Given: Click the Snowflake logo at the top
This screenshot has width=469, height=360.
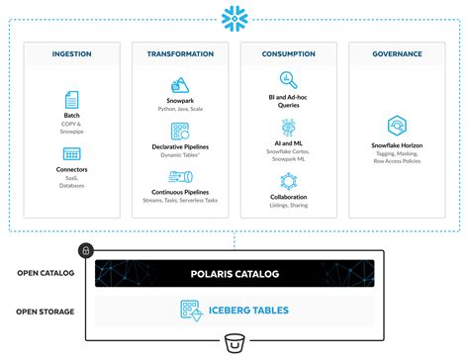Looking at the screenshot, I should [x=234, y=18].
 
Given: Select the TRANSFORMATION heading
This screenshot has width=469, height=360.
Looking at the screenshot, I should [x=180, y=55].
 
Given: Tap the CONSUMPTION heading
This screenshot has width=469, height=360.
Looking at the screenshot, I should [x=289, y=55].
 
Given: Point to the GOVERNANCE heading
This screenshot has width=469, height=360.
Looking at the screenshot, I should [x=397, y=55].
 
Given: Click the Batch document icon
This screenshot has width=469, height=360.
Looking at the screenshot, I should [x=71, y=99].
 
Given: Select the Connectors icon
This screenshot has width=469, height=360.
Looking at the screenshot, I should [x=71, y=154].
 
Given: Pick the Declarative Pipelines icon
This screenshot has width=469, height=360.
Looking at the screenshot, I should [x=180, y=132].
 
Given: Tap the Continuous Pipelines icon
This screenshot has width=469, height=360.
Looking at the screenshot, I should [x=180, y=177].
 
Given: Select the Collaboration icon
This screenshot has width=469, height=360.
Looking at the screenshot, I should [x=289, y=181].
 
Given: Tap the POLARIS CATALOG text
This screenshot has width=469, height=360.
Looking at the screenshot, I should [x=234, y=274].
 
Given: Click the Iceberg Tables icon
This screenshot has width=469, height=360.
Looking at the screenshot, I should [x=190, y=310].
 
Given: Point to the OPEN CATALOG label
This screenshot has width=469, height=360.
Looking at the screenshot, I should [x=47, y=274].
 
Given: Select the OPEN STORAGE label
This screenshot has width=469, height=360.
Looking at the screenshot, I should [x=47, y=310].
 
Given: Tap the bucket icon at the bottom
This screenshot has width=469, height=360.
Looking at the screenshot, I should [x=234, y=343].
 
